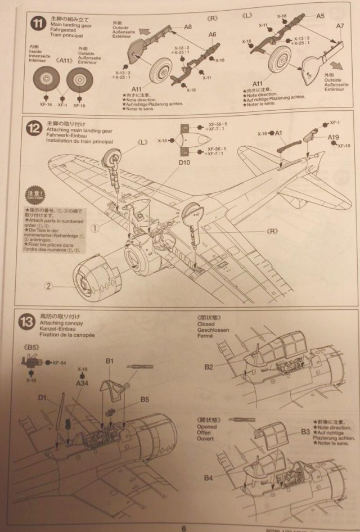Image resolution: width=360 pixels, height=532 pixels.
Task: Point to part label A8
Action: [x=188, y=26]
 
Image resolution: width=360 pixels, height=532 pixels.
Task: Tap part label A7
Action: [x=340, y=26]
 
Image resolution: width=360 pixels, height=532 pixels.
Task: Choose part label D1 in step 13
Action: [x=42, y=397]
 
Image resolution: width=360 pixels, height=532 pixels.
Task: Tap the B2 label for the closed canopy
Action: [x=209, y=367]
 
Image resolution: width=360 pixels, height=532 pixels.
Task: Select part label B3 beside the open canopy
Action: [x=305, y=432]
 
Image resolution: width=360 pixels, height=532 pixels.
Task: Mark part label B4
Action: [x=208, y=478]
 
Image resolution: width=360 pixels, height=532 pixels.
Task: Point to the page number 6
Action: [x=183, y=527]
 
